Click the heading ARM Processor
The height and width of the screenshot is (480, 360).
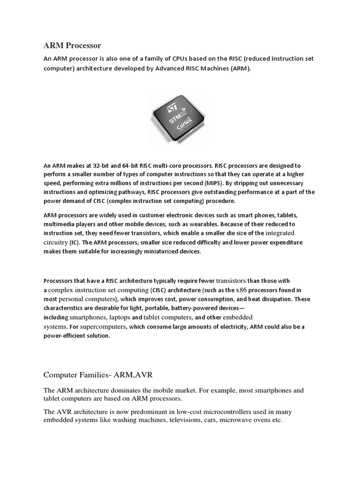click(72, 45)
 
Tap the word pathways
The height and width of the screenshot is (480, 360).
click(132, 192)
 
